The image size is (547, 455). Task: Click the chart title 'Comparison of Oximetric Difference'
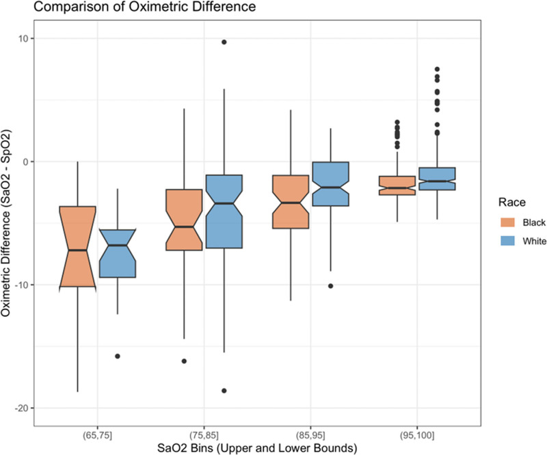click(x=144, y=6)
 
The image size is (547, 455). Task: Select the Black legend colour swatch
click(x=507, y=222)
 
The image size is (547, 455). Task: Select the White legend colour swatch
click(x=507, y=241)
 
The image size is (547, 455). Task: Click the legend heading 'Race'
click(x=511, y=203)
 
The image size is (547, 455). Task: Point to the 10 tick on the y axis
click(x=24, y=38)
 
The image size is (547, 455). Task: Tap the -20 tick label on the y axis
click(x=22, y=408)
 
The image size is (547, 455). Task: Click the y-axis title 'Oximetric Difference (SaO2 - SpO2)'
click(x=6, y=223)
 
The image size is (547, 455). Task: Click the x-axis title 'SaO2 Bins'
click(x=185, y=448)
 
